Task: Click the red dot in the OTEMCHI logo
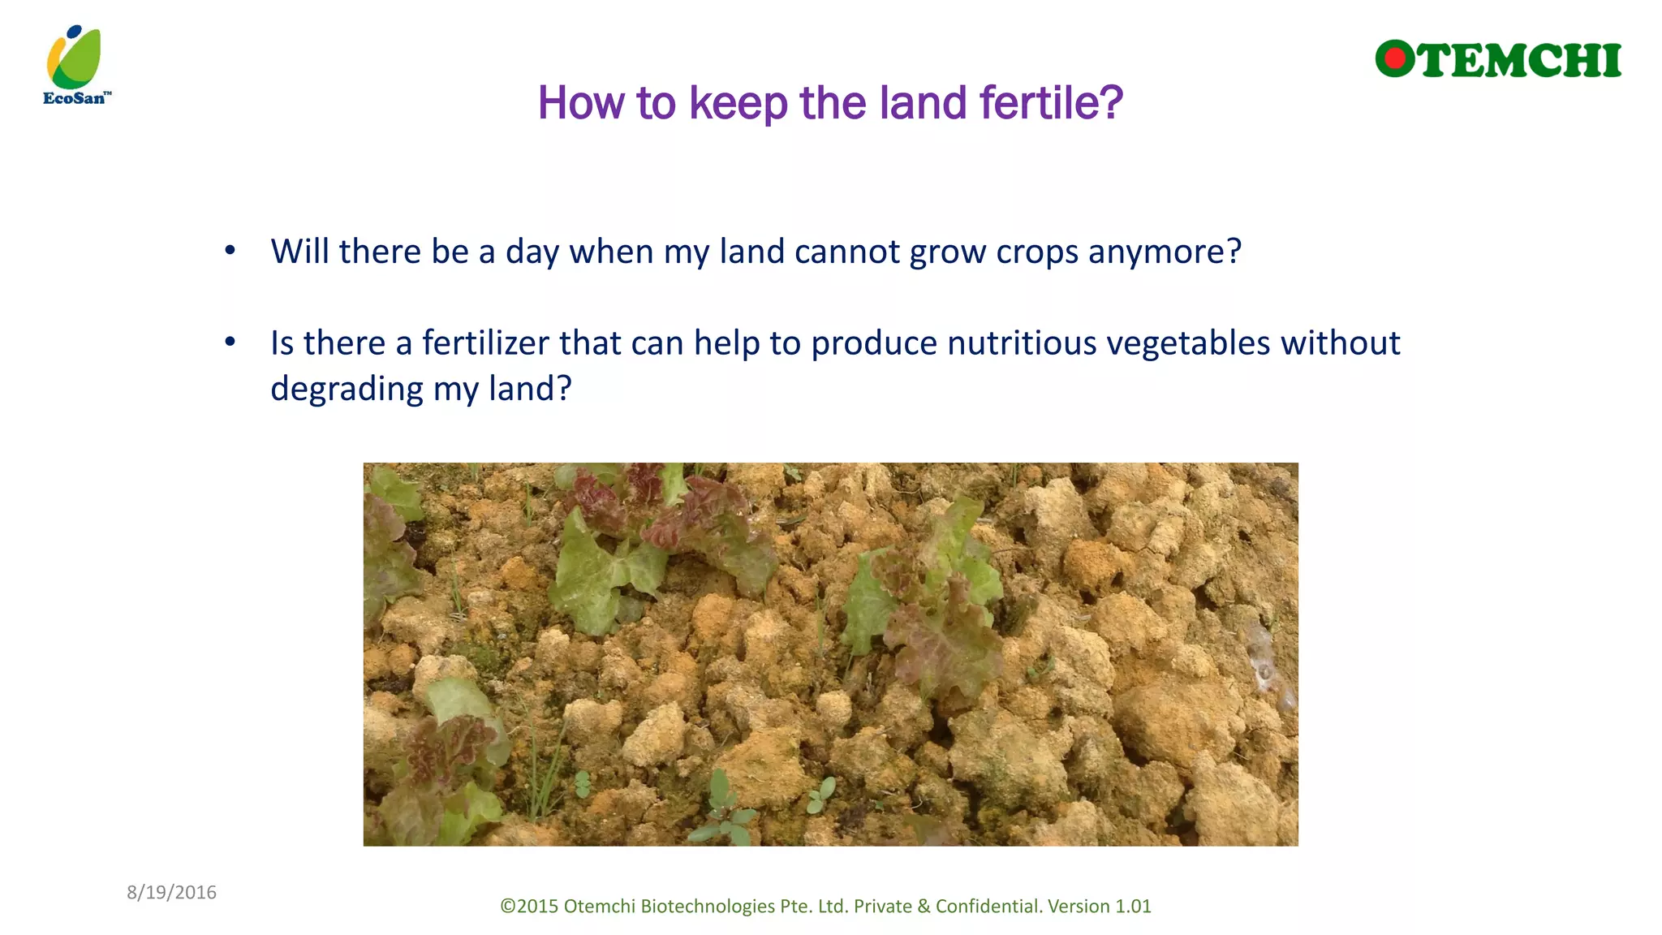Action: point(1395,58)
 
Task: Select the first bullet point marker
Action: point(230,251)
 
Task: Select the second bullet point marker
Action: point(230,343)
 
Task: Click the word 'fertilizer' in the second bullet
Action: point(485,343)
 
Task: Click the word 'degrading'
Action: point(347,390)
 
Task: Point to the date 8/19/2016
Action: point(171,892)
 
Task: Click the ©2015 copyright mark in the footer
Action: point(528,906)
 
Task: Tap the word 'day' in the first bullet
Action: point(532,252)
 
